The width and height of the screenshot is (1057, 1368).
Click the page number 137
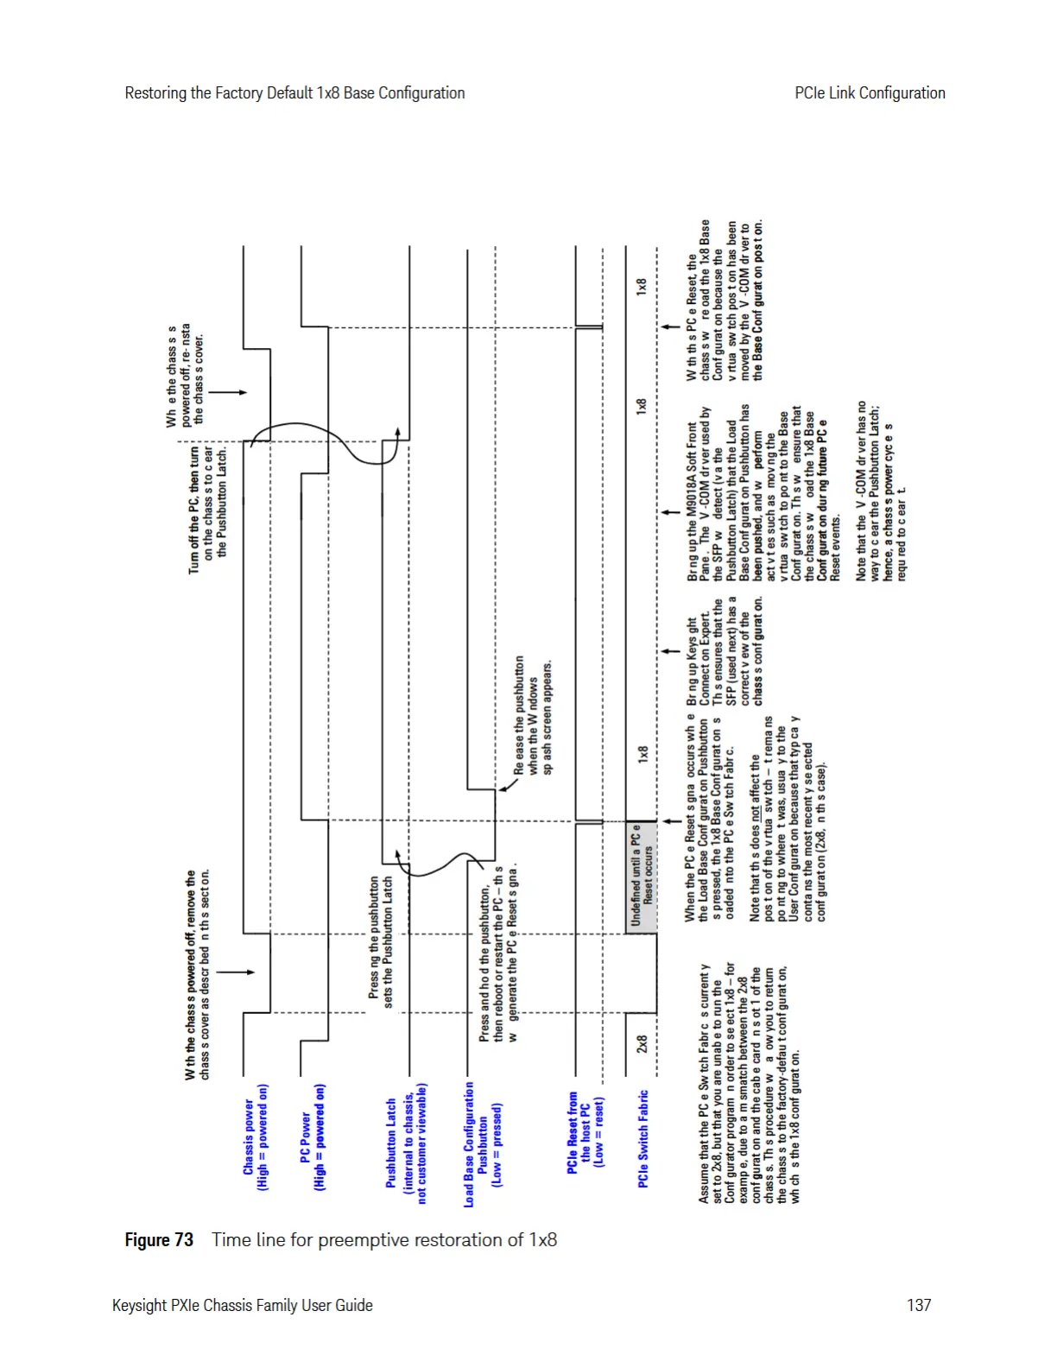(x=918, y=1305)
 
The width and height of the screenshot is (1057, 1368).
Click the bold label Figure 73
(x=159, y=1240)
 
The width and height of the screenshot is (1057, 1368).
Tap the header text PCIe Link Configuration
(x=869, y=93)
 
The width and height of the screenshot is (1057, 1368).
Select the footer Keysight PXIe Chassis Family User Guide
(x=243, y=1305)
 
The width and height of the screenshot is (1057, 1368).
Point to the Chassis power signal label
(x=256, y=1137)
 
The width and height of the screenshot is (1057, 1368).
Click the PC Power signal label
(x=313, y=1137)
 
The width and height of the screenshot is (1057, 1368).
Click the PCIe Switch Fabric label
(x=642, y=1138)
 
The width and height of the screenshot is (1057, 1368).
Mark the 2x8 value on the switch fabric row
(x=642, y=1044)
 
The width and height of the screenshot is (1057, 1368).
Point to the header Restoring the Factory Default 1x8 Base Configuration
(x=294, y=93)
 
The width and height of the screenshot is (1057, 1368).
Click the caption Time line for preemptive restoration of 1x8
(x=384, y=1240)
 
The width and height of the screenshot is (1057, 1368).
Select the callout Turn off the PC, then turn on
(x=207, y=510)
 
